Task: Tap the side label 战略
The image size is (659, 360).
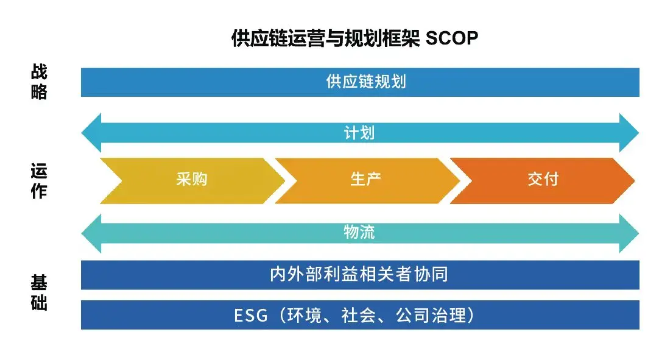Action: click(39, 82)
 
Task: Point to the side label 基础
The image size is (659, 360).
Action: click(39, 293)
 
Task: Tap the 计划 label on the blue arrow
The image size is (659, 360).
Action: click(359, 132)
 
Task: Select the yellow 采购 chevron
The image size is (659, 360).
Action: click(192, 180)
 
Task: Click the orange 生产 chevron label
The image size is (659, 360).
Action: click(366, 180)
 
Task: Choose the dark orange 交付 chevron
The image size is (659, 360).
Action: click(543, 180)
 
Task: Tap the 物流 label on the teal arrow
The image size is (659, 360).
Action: click(359, 232)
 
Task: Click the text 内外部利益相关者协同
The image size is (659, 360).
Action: click(359, 275)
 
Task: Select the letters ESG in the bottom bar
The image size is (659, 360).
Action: click(250, 316)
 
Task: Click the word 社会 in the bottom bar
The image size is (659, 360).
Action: click(359, 316)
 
